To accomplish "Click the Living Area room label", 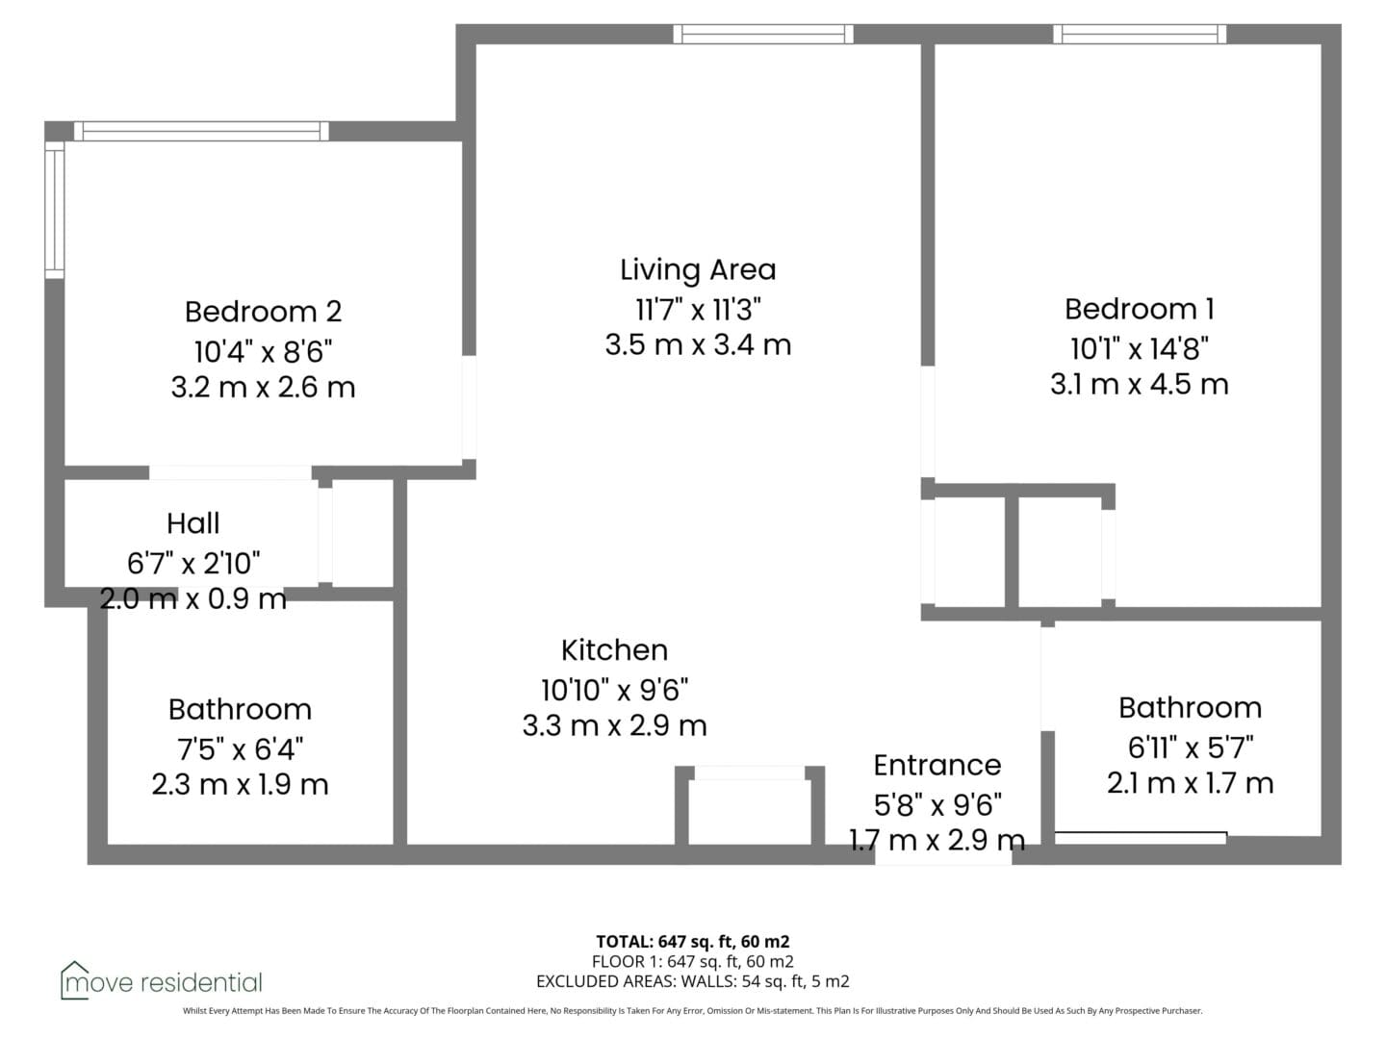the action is point(698,270).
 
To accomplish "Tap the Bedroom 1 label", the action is point(1139,309).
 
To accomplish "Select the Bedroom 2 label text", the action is point(264,312).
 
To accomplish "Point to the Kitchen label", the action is point(614,650).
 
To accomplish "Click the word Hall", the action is point(193,523).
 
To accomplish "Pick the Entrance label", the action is point(937,765).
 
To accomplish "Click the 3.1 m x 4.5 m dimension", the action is point(1139,384).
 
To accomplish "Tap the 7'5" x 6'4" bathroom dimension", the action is point(240,749).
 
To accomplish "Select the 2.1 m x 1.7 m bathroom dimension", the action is point(1190,783).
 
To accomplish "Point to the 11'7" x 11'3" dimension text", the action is point(698,310).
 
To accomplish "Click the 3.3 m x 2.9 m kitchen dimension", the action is point(614,725).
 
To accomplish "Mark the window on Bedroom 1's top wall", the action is point(1140,34).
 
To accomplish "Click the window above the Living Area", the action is point(762,34).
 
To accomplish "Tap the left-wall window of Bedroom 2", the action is point(55,210).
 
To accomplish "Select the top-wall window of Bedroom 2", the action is point(201,131).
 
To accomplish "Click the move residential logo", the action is point(161,982).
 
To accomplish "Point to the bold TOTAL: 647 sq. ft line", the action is point(693,942).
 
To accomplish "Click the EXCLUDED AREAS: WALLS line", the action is point(693,981).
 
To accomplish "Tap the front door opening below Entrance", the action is point(943,855).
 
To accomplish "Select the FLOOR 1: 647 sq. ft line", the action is point(693,962).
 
